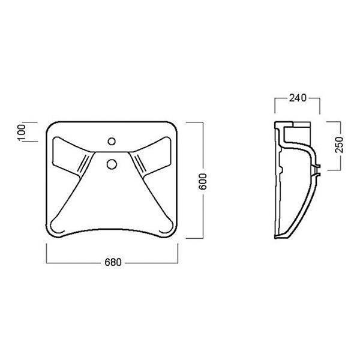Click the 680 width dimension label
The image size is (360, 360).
(x=113, y=262)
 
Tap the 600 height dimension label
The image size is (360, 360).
(x=203, y=182)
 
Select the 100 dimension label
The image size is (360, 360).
(x=21, y=132)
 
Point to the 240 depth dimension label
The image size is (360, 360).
(x=298, y=98)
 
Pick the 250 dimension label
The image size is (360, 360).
(x=339, y=145)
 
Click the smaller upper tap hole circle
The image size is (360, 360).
(x=112, y=141)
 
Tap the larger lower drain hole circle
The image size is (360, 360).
(x=112, y=164)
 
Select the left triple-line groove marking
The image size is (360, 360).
(x=83, y=164)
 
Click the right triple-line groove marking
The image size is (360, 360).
(x=140, y=164)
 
